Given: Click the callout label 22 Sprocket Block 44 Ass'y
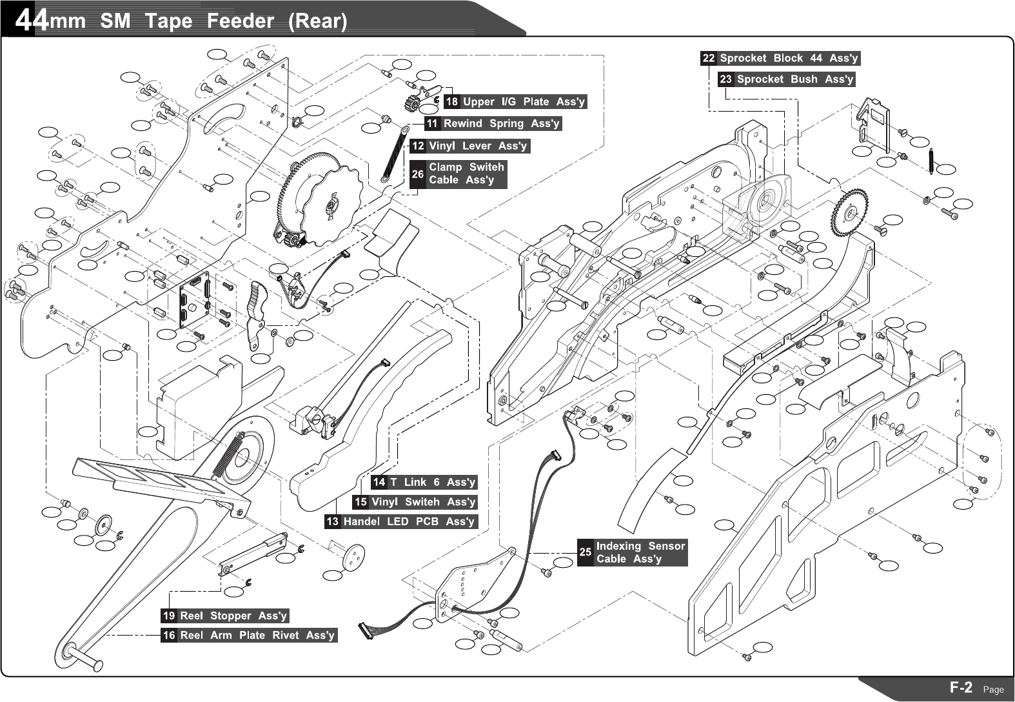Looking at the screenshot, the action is [780, 58].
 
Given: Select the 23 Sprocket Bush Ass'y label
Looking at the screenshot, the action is [786, 79].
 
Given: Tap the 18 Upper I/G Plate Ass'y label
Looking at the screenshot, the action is [515, 101].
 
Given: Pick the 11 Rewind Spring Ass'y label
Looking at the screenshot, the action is [493, 123].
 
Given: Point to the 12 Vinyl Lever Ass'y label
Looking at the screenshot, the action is [470, 146].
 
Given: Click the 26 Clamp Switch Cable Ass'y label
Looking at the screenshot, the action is [458, 174].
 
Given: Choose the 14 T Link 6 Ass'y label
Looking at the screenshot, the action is [424, 482].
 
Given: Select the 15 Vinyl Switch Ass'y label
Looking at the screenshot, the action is [415, 502].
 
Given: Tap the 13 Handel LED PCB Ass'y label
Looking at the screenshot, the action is [400, 521].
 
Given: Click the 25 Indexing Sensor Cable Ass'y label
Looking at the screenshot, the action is [632, 552].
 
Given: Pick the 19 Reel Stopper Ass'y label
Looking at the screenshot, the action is [225, 616].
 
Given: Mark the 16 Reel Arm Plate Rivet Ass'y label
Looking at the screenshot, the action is [249, 636].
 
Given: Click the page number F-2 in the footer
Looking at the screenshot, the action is [961, 688].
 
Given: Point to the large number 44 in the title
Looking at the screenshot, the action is [31, 21].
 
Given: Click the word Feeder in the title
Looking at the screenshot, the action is [240, 21].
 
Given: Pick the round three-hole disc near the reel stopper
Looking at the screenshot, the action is [353, 556].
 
